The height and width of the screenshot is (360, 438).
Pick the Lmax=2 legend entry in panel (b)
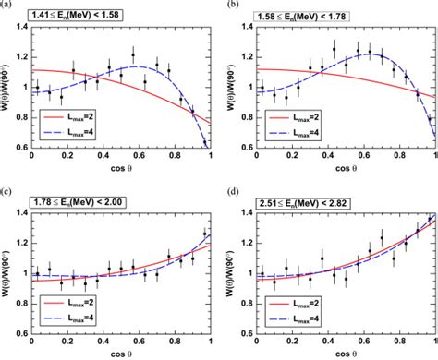tap(294, 116)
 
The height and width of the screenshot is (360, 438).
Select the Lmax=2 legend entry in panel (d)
tap(294, 303)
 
